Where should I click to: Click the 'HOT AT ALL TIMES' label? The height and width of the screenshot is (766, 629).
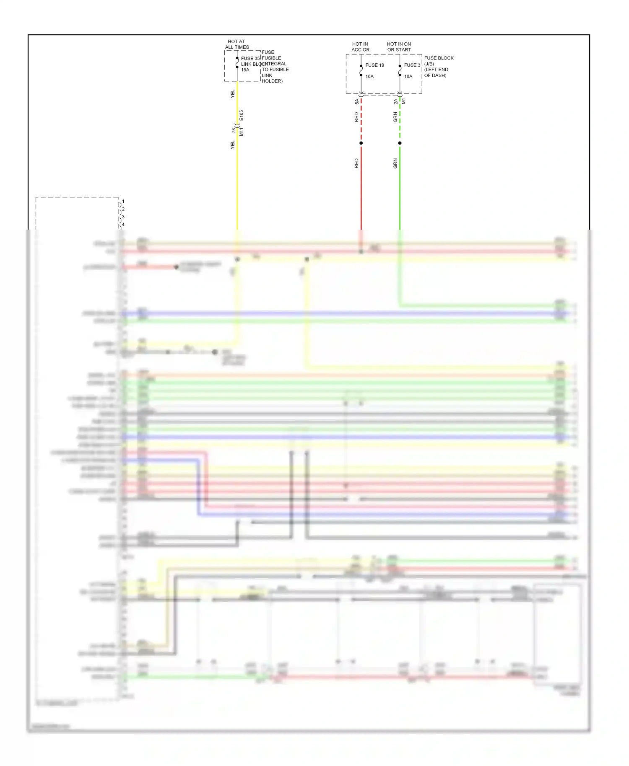click(237, 44)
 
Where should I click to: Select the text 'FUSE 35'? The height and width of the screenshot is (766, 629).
click(250, 58)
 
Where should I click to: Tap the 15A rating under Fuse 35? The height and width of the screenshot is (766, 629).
click(245, 70)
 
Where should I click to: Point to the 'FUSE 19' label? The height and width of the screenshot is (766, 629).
click(374, 65)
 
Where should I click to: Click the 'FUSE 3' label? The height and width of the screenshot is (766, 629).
click(412, 65)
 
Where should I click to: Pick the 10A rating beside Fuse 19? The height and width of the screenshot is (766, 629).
click(369, 77)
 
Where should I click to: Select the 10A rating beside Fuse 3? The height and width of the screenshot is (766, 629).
click(408, 77)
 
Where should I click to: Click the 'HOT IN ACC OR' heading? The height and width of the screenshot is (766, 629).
click(360, 47)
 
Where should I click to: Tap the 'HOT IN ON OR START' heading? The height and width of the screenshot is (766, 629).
click(399, 47)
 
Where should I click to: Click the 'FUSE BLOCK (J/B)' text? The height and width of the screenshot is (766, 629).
click(439, 61)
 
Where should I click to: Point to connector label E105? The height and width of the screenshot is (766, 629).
click(242, 116)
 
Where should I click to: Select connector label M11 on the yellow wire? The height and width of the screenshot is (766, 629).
click(242, 132)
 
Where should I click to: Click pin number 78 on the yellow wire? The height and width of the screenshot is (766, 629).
click(234, 131)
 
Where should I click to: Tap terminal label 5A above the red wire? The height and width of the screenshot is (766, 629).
click(357, 102)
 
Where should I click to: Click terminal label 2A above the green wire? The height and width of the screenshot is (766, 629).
click(395, 102)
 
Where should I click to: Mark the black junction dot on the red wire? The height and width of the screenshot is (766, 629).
click(361, 143)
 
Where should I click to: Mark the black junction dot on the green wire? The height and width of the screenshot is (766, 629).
click(400, 143)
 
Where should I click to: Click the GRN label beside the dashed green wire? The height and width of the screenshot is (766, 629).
click(395, 117)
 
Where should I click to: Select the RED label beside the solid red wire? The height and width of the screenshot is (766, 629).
click(356, 163)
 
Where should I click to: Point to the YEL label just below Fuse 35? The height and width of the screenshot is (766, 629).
click(233, 94)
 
